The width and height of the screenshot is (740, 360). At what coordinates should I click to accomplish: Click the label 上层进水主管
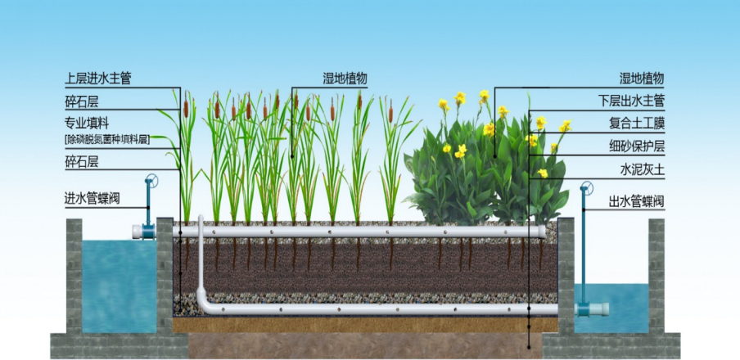tap(97, 79)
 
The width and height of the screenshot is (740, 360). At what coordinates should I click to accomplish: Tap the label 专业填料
tap(87, 124)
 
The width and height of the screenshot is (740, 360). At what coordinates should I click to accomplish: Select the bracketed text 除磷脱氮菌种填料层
tap(107, 139)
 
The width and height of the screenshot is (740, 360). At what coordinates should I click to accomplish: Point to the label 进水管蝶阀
tap(92, 199)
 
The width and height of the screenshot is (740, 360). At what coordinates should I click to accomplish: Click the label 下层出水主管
tap(631, 101)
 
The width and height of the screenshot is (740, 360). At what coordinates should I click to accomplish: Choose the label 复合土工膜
tap(637, 124)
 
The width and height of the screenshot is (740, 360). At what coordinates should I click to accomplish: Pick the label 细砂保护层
tap(637, 146)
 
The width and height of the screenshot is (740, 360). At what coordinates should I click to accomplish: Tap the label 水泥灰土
tap(643, 169)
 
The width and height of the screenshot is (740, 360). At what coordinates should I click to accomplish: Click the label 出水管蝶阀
tap(637, 202)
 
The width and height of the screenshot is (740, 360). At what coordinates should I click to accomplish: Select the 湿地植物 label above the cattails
tap(345, 79)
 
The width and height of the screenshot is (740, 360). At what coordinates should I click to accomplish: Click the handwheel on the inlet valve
tap(151, 181)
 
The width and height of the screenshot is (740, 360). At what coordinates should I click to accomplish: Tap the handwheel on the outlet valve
tap(587, 188)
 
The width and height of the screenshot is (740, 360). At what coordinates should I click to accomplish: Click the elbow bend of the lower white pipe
tap(204, 304)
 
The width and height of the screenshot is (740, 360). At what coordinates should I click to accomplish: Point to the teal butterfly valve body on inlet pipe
tap(148, 232)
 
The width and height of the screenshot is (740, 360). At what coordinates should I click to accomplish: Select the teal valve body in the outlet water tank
tap(584, 309)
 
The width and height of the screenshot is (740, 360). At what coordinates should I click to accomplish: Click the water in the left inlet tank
tap(120, 286)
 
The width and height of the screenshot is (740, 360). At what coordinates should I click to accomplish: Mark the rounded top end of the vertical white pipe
tap(201, 218)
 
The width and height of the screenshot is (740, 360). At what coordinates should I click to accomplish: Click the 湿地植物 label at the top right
tap(643, 79)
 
